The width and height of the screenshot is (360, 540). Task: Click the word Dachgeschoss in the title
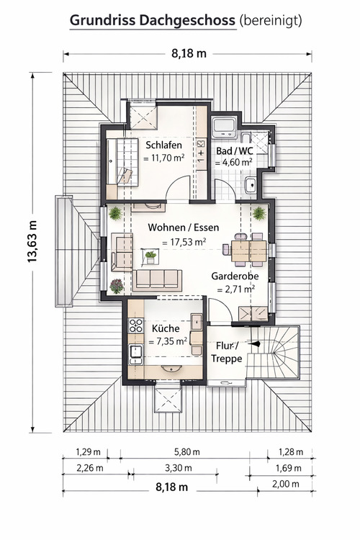187,21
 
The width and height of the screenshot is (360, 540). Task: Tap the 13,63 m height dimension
32,241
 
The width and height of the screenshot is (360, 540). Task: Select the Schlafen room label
163,145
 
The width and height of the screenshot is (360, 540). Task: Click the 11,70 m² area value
164,158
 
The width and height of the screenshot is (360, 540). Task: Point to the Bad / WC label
234,151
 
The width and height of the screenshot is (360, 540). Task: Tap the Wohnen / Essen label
184,228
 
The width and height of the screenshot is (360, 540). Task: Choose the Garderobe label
235,276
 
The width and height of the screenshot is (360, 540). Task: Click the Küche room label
166,328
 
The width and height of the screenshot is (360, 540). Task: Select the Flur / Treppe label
226,352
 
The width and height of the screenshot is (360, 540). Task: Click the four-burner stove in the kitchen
136,325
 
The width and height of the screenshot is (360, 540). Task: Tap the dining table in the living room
248,251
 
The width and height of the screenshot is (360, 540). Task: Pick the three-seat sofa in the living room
157,280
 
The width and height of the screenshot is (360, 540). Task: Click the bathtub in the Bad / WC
224,127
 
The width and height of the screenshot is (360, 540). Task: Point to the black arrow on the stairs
254,343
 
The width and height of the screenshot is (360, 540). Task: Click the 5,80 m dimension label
187,452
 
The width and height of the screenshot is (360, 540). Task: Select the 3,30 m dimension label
178,468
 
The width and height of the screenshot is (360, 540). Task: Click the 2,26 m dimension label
89,468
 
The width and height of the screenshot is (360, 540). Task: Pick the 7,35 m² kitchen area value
168,341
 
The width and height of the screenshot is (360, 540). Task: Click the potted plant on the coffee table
150,256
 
